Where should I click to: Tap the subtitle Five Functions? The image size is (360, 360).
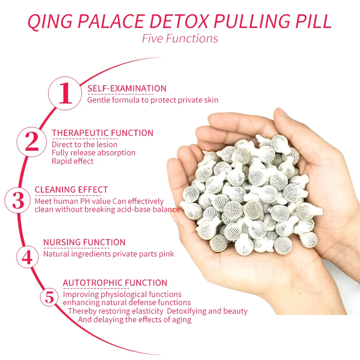coord(180,39)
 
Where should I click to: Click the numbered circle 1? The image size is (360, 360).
coord(66,93)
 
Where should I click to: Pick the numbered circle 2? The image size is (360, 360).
coord(32,142)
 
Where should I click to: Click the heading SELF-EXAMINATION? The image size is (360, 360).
coord(127,89)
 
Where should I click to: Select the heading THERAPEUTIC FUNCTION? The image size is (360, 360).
coord(103,133)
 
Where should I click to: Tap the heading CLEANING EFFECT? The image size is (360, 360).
coord(71,190)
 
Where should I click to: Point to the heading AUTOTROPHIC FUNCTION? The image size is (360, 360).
coord(115,283)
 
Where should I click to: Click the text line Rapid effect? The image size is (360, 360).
coord(72,161)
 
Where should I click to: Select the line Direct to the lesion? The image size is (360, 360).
coord(84,144)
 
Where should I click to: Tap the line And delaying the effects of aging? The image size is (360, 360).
coord(135,319)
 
